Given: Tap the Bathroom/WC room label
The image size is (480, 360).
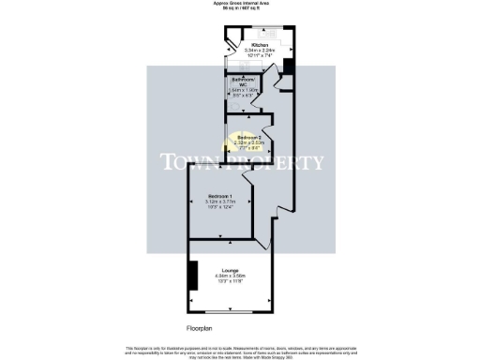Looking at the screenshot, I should tap(244, 82).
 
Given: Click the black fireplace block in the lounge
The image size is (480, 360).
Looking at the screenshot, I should tap(193, 277).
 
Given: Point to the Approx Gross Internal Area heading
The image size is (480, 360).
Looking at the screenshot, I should tap(239, 5).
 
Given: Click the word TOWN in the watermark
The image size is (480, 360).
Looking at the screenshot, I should tap(188, 161).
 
